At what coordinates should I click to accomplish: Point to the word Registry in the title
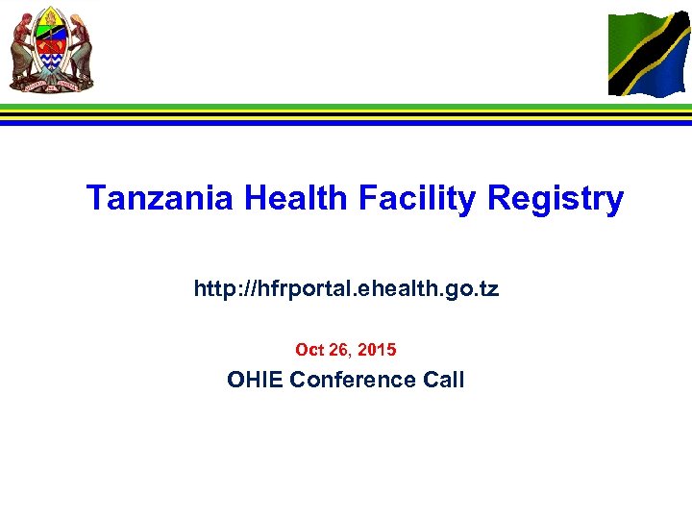click(x=556, y=199)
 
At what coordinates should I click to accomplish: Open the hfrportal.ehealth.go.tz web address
click(x=346, y=288)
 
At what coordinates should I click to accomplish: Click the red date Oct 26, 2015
click(x=346, y=350)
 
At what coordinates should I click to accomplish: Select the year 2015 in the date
click(x=378, y=350)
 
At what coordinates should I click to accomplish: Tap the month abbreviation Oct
click(x=309, y=350)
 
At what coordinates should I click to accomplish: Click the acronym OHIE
click(x=255, y=380)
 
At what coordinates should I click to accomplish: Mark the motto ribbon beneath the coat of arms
click(x=52, y=85)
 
